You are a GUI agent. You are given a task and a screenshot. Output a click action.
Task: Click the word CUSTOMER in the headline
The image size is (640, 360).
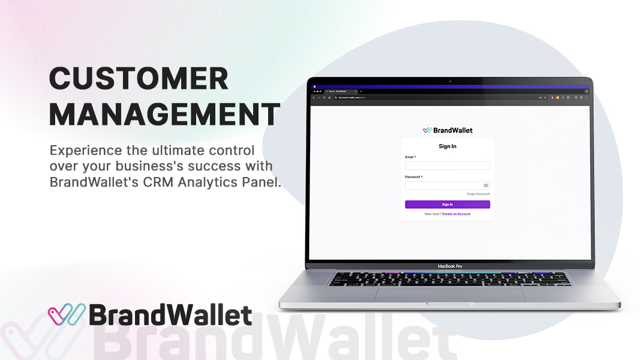coord(139,79)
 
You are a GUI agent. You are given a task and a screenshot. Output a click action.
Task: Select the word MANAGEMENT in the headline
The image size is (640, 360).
coord(164,115)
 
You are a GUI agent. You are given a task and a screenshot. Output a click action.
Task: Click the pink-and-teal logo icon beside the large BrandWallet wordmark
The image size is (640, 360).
coord(67,314)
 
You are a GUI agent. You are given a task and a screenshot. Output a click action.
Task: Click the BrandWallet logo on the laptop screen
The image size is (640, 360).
coord(447,130)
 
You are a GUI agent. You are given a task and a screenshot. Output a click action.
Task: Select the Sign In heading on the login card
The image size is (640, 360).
coord(447,146)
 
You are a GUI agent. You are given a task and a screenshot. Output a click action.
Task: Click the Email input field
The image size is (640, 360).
coord(447,166)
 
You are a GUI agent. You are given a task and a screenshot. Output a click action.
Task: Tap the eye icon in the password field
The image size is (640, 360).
coord(486,185)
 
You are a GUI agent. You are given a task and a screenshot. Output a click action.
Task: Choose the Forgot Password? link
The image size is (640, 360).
coord(479,194)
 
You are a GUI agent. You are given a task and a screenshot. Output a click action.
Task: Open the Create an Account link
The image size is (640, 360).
coord(456,214)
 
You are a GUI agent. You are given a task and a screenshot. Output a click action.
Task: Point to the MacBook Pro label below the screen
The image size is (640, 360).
coord(450,266)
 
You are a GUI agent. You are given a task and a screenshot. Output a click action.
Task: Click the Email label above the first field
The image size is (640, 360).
coord(410,157)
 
